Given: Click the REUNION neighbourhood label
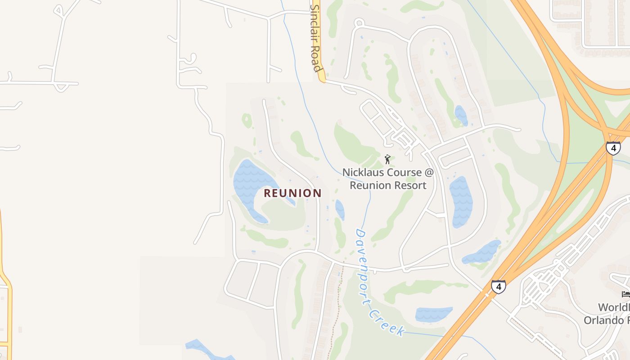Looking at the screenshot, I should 292,193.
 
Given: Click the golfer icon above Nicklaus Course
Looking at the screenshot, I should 387,159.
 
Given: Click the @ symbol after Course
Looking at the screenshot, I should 429,172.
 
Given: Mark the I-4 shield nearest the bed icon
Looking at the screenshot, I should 498,286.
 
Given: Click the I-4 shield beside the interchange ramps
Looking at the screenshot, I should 613,148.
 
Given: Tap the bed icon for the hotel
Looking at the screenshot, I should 625,294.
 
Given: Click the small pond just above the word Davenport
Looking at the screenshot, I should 340,210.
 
